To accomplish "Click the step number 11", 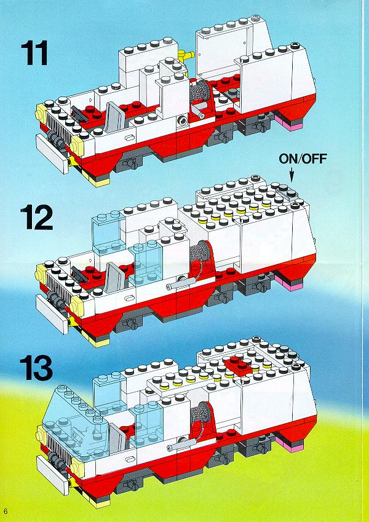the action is [x=34, y=53].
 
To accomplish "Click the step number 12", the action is [x=37, y=217].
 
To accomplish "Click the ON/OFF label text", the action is [x=303, y=159].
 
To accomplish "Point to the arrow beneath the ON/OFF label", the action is [x=292, y=175].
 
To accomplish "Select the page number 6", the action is [x=6, y=511].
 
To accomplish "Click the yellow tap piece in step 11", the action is [x=186, y=55].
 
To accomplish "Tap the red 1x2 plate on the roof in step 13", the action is [x=238, y=365].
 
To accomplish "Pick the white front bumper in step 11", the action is [x=52, y=154].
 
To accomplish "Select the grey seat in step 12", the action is [x=114, y=277].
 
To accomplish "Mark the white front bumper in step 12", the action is [x=52, y=314].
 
